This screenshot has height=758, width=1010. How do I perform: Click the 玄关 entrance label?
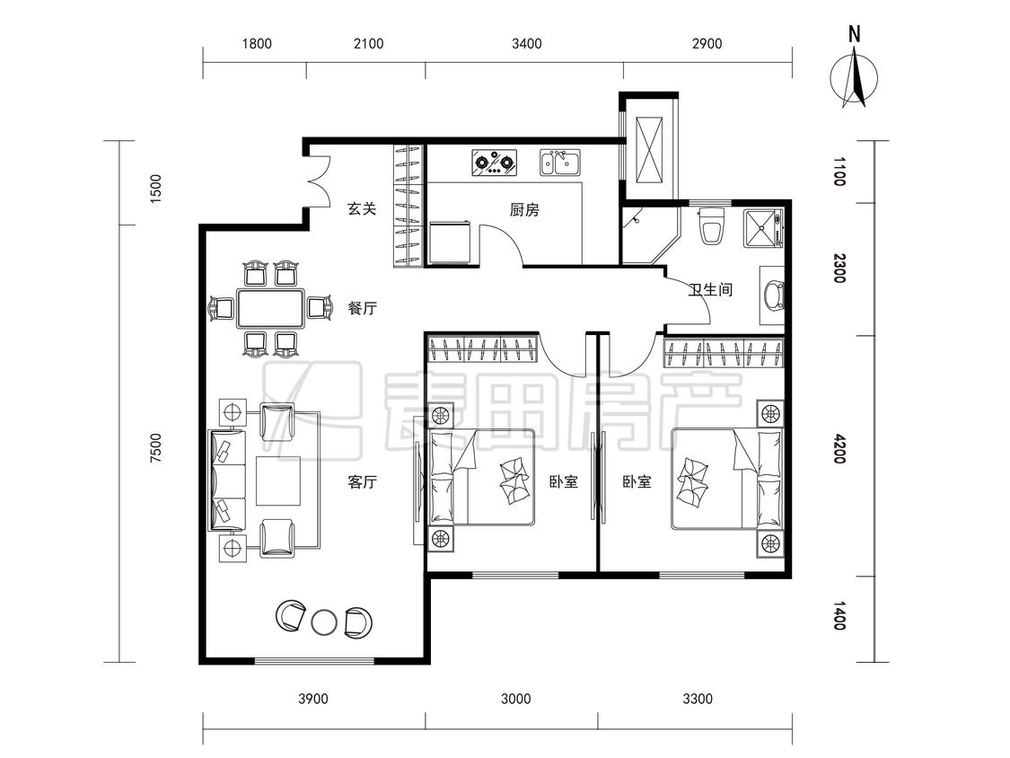pos(362,209)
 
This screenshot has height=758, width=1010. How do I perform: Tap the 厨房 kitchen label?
pos(524,210)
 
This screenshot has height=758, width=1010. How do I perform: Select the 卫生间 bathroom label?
pos(710,289)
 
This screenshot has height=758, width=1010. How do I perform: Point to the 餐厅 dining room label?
pos(362,308)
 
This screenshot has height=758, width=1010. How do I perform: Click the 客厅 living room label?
pos(362,481)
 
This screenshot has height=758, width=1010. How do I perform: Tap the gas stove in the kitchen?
pos(495,163)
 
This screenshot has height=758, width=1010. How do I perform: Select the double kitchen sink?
pos(560,163)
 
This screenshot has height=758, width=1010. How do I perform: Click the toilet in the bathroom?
pos(712,225)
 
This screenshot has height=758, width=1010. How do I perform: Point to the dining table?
pos(270,308)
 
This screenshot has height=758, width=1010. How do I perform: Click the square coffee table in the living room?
pos(278,480)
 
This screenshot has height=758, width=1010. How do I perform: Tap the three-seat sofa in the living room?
pos(227,480)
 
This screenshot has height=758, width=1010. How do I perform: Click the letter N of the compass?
pos(854,34)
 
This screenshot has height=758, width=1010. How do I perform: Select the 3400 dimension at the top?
pos(527,44)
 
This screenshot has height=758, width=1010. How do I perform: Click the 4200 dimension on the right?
pos(839,449)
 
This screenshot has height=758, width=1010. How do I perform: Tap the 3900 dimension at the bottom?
pos(313,699)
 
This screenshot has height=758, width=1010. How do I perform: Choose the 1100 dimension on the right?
pos(839,172)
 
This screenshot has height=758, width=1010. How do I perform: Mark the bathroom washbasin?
pos(773,295)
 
